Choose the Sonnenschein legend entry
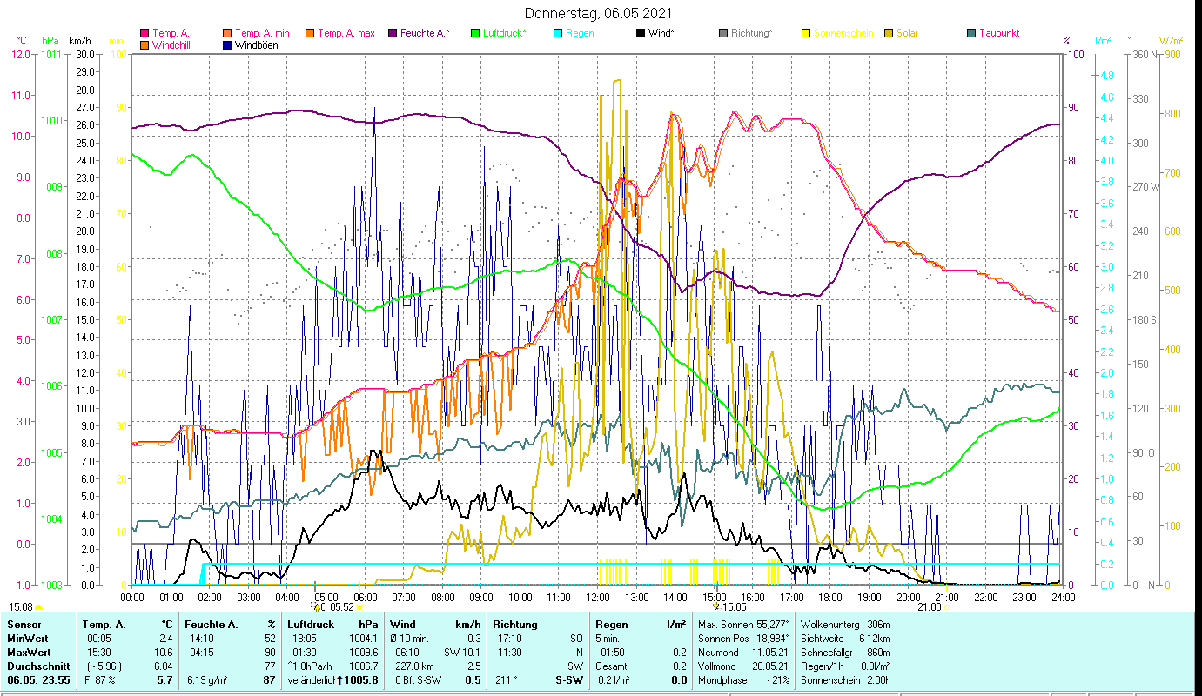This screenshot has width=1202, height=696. click(x=843, y=33)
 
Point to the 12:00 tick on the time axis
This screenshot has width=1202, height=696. click(x=598, y=597)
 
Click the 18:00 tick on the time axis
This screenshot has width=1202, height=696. click(x=830, y=597)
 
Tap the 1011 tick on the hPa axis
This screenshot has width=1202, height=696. click(x=51, y=54)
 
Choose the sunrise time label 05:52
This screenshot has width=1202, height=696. click(x=340, y=607)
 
